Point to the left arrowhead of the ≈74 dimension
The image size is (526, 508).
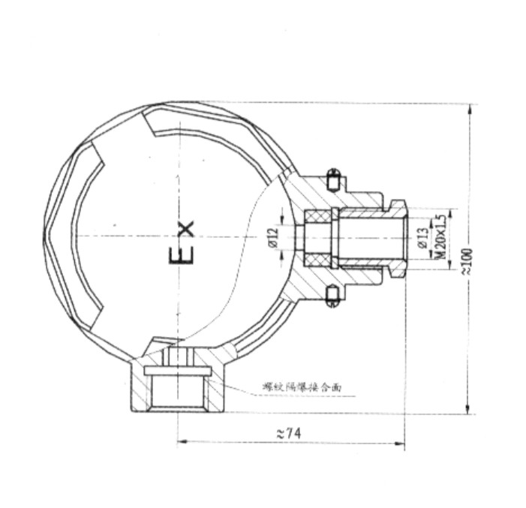pyautogui.click(x=180, y=442)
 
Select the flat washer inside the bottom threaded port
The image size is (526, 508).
pyautogui.click(x=179, y=369)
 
